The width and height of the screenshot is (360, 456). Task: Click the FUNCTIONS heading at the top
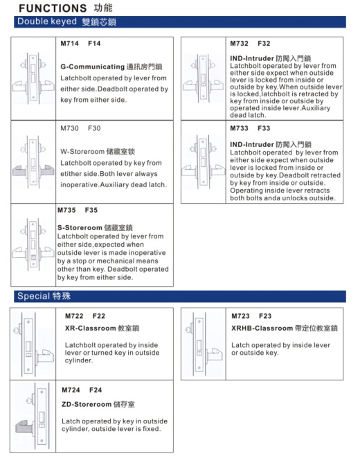pyautogui.click(x=53, y=8)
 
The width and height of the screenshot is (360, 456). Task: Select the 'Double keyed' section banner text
pyautogui.click(x=47, y=21)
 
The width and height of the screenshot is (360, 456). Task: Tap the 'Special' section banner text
pyautogui.click(x=34, y=296)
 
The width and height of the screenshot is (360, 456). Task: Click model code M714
pyautogui.click(x=69, y=44)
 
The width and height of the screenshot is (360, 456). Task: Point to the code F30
pyautogui.click(x=94, y=128)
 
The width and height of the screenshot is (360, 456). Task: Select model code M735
pyautogui.click(x=66, y=210)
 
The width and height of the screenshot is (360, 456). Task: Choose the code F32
pyautogui.click(x=264, y=44)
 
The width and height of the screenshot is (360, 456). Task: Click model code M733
pyautogui.click(x=239, y=128)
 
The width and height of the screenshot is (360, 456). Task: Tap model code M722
pyautogui.click(x=74, y=316)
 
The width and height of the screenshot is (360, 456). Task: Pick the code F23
pyautogui.click(x=265, y=316)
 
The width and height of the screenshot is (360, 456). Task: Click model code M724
pyautogui.click(x=71, y=390)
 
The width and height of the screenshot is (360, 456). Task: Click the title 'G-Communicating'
pyautogui.click(x=92, y=67)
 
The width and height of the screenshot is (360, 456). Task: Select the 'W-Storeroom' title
pyautogui.click(x=82, y=152)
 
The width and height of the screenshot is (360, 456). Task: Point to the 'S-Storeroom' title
pyautogui.click(x=80, y=227)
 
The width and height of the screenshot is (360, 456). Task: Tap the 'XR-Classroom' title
pyautogui.click(x=91, y=328)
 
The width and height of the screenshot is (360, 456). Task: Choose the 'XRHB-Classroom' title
pyautogui.click(x=262, y=328)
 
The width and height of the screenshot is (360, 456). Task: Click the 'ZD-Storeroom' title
pyautogui.click(x=87, y=404)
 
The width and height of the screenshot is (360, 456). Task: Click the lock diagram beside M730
pyautogui.click(x=33, y=162)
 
